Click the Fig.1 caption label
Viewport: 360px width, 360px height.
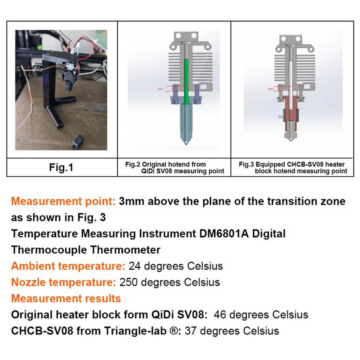pos(61,167)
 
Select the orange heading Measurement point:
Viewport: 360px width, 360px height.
pos(64,201)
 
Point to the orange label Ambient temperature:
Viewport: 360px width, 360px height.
pos(68,266)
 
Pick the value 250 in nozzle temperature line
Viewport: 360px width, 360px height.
pos(128,282)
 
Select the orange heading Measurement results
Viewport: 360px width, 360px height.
pos(66,298)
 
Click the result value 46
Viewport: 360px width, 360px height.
pos(220,315)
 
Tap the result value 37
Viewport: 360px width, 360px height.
pos(191,331)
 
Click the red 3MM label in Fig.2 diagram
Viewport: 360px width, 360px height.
pos(160,89)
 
